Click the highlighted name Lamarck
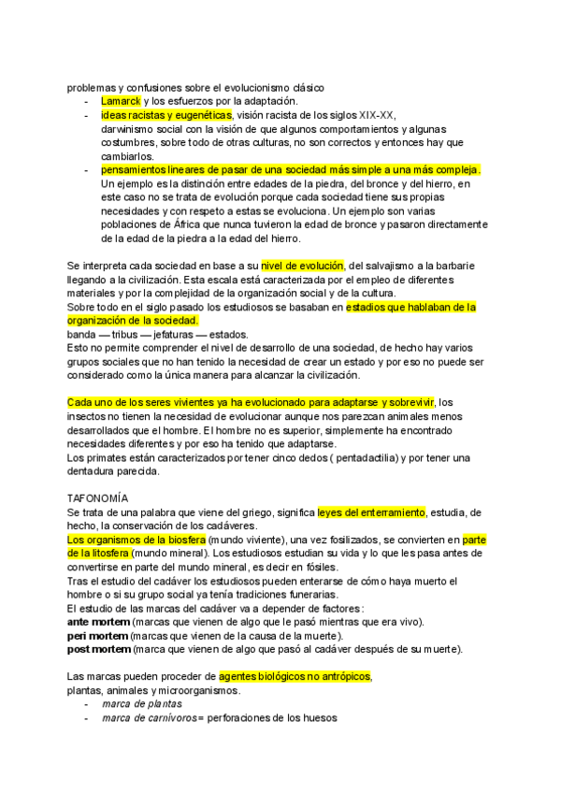[x=121, y=101]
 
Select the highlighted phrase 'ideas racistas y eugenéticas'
[x=165, y=115]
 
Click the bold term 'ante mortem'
[x=98, y=622]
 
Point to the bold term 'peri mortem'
[x=97, y=636]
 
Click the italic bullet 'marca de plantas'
[x=142, y=703]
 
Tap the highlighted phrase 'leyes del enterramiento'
[x=371, y=512]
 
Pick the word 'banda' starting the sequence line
[x=82, y=334]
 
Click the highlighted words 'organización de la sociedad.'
[x=133, y=321]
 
